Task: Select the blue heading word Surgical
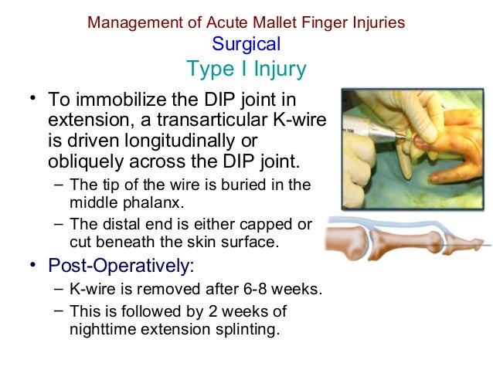(246, 44)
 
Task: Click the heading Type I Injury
(246, 70)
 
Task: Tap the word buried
(242, 185)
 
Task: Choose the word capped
(265, 224)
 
